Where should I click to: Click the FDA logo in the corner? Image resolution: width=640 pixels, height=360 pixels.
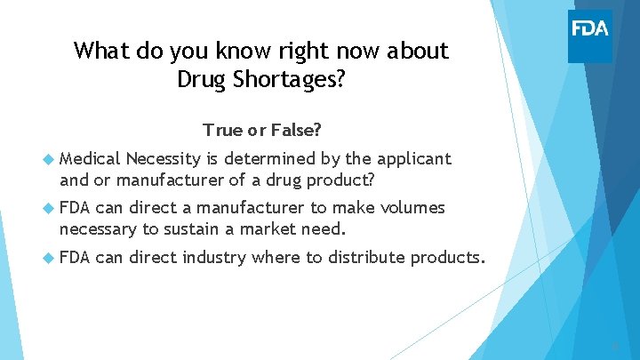point(590,28)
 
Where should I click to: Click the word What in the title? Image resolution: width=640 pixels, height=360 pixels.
point(100,51)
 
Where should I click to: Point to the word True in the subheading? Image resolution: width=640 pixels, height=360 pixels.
point(222,130)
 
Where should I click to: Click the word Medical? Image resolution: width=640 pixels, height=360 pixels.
point(91,159)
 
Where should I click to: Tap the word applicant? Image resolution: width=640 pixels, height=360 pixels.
point(415,159)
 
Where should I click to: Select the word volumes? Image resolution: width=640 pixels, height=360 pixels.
point(414,209)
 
